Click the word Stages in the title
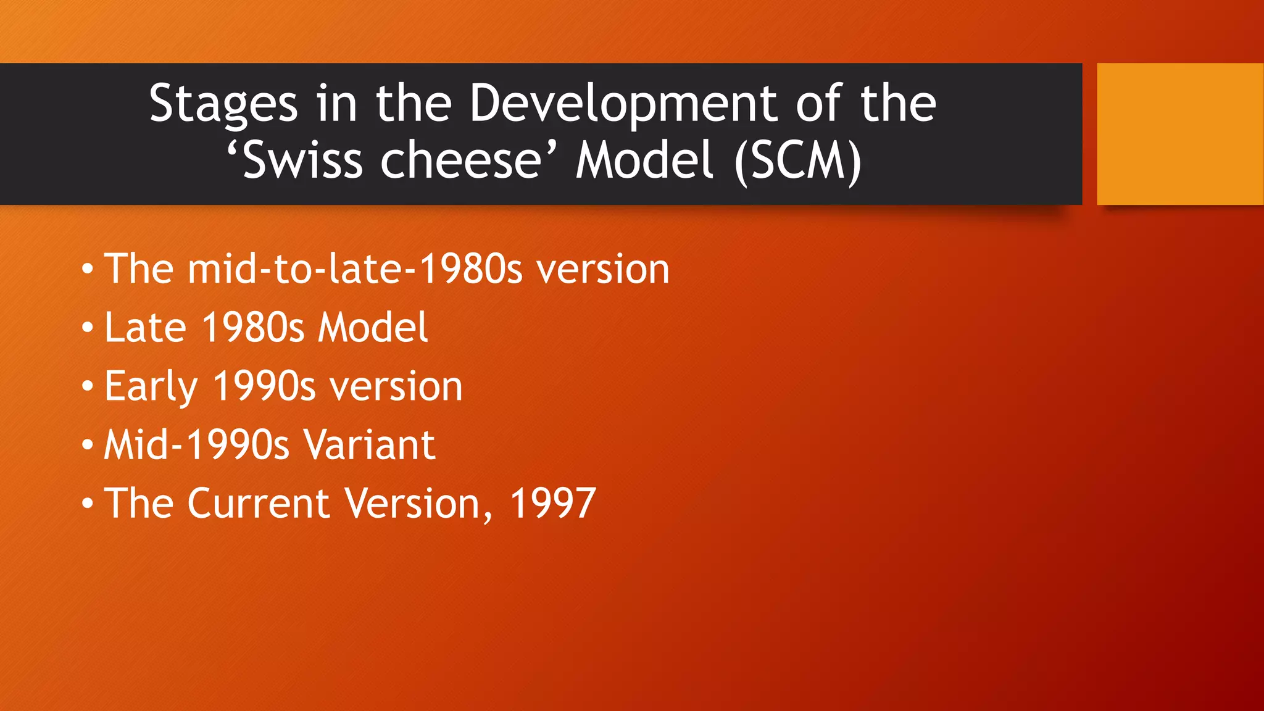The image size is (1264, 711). tap(223, 104)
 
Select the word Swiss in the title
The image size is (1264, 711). tap(302, 160)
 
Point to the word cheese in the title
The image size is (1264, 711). tap(460, 160)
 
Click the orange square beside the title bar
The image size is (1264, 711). tap(1179, 133)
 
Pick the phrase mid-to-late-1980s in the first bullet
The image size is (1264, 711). tap(355, 269)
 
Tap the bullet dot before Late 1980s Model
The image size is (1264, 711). tap(88, 327)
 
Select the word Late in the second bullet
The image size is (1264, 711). tap(145, 327)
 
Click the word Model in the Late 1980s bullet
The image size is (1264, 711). tap(372, 327)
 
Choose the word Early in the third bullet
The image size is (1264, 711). tap(151, 386)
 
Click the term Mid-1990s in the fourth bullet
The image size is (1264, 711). tap(196, 444)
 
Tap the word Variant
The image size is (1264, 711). tap(369, 444)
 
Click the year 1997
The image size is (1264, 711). tap(552, 503)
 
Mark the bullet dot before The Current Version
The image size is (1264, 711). tap(88, 504)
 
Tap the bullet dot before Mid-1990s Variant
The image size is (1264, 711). tap(88, 445)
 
